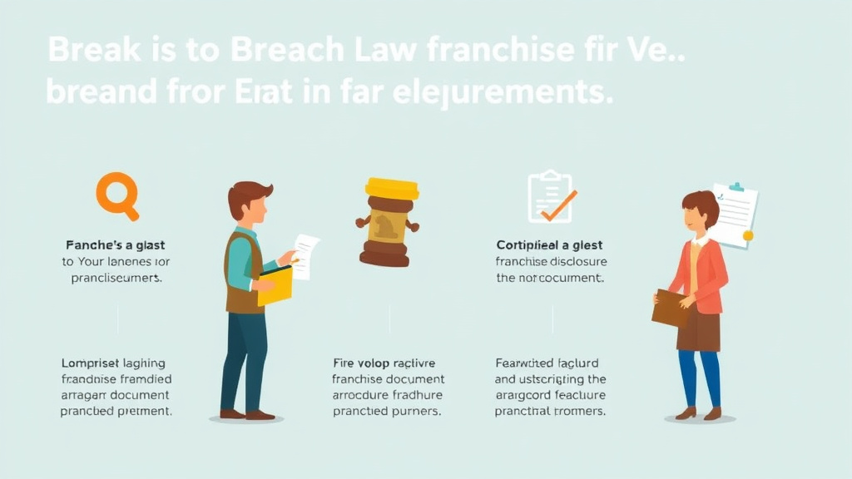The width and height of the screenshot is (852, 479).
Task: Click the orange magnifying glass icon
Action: (x=116, y=195)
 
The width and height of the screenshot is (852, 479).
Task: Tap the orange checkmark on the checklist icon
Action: (x=559, y=205)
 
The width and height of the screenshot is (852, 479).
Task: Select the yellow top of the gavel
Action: (x=391, y=189)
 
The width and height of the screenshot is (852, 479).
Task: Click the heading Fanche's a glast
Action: (x=115, y=245)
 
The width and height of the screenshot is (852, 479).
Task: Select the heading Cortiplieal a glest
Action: (x=549, y=245)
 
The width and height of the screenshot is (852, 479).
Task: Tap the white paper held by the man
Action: (x=306, y=254)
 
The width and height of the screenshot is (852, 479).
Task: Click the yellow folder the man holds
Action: (x=275, y=285)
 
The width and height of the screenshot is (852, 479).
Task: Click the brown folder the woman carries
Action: (x=670, y=308)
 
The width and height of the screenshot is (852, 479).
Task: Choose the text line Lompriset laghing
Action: (x=113, y=363)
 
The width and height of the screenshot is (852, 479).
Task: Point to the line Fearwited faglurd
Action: (x=547, y=363)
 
